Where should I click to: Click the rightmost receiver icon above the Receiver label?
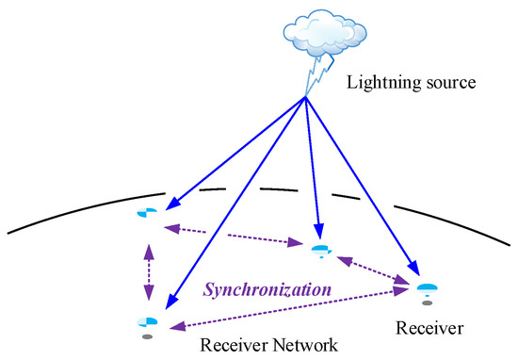coord(428,287)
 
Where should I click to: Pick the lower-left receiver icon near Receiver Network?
coord(146,321)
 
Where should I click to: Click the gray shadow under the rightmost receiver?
coord(428,303)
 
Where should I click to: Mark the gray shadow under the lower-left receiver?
coord(146,335)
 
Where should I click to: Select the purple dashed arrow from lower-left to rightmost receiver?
coord(283,309)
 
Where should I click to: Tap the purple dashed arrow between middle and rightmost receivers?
coord(375,268)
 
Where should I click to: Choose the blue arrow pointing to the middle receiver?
coord(313,170)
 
